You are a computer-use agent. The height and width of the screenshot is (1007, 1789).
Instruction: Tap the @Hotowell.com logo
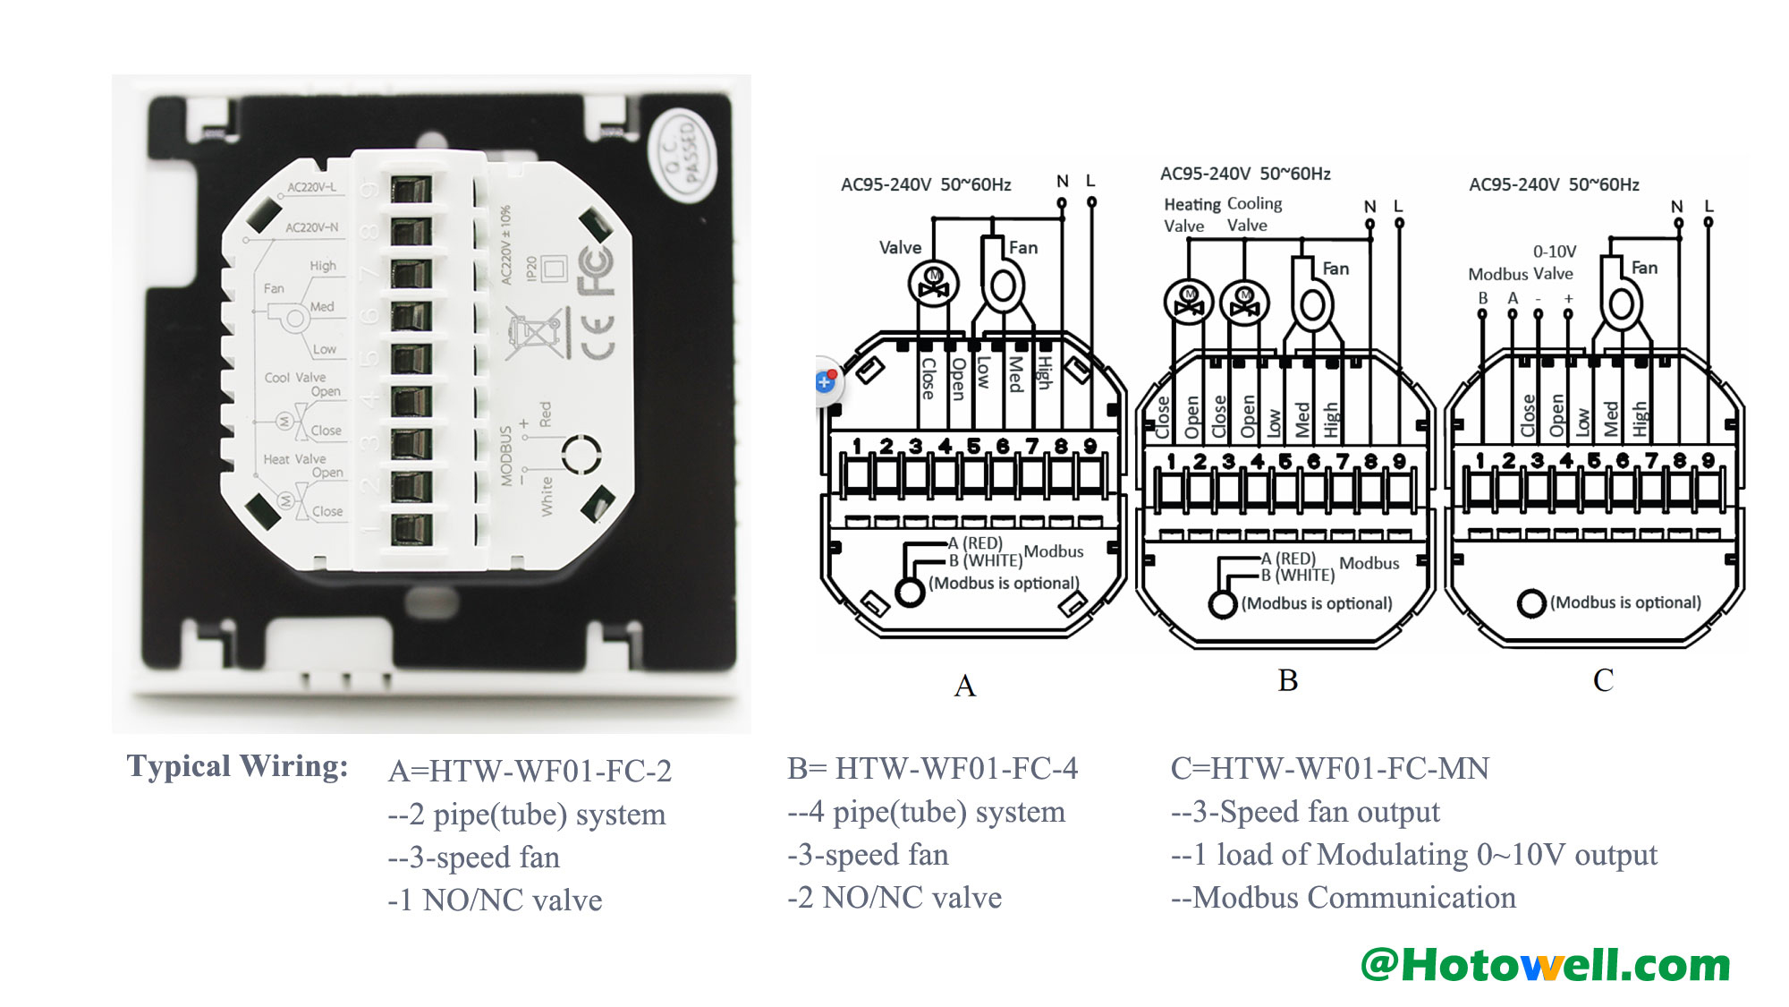(1545, 965)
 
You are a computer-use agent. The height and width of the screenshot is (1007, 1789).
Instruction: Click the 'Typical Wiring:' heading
(237, 766)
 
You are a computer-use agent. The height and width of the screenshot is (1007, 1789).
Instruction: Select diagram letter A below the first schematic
(964, 686)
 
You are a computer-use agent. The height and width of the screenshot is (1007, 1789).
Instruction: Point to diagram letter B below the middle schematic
(1287, 680)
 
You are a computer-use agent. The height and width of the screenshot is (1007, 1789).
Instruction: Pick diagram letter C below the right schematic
(1603, 680)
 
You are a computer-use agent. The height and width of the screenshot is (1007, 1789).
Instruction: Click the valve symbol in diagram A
(933, 285)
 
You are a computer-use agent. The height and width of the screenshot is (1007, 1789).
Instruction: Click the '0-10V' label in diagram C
(1555, 252)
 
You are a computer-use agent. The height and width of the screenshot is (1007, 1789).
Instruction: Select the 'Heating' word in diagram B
(1191, 205)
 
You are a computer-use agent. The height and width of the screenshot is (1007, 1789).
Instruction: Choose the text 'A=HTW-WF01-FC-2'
(530, 771)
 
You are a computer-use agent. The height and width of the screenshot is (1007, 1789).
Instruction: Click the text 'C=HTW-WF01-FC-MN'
(1329, 768)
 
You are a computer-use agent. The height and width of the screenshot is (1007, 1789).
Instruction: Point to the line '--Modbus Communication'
(1343, 897)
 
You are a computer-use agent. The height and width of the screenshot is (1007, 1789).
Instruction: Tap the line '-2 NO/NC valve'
(894, 897)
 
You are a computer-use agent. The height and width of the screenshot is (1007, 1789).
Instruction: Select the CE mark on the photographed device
(597, 337)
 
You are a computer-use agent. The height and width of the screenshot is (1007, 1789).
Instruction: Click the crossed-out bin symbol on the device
(537, 333)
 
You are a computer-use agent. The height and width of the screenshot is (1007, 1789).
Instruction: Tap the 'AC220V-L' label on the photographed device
(311, 188)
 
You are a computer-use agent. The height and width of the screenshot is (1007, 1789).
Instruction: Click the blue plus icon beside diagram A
(825, 382)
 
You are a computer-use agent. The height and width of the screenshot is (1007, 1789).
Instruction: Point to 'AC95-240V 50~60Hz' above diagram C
(1554, 184)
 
